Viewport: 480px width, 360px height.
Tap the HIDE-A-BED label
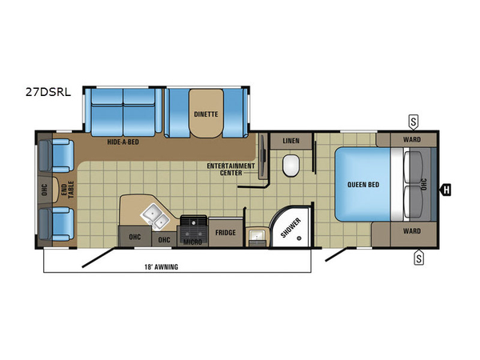124,142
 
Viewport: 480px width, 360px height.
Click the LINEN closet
291,141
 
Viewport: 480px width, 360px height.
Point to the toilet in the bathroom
291,166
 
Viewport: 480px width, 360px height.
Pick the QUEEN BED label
362,184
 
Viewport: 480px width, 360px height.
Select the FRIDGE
225,232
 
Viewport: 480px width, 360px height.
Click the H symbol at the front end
447,190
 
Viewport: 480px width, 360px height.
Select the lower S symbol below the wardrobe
418,257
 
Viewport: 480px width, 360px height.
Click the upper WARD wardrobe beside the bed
412,139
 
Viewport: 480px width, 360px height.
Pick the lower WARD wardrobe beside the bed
412,231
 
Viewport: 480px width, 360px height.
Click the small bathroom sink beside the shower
258,236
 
